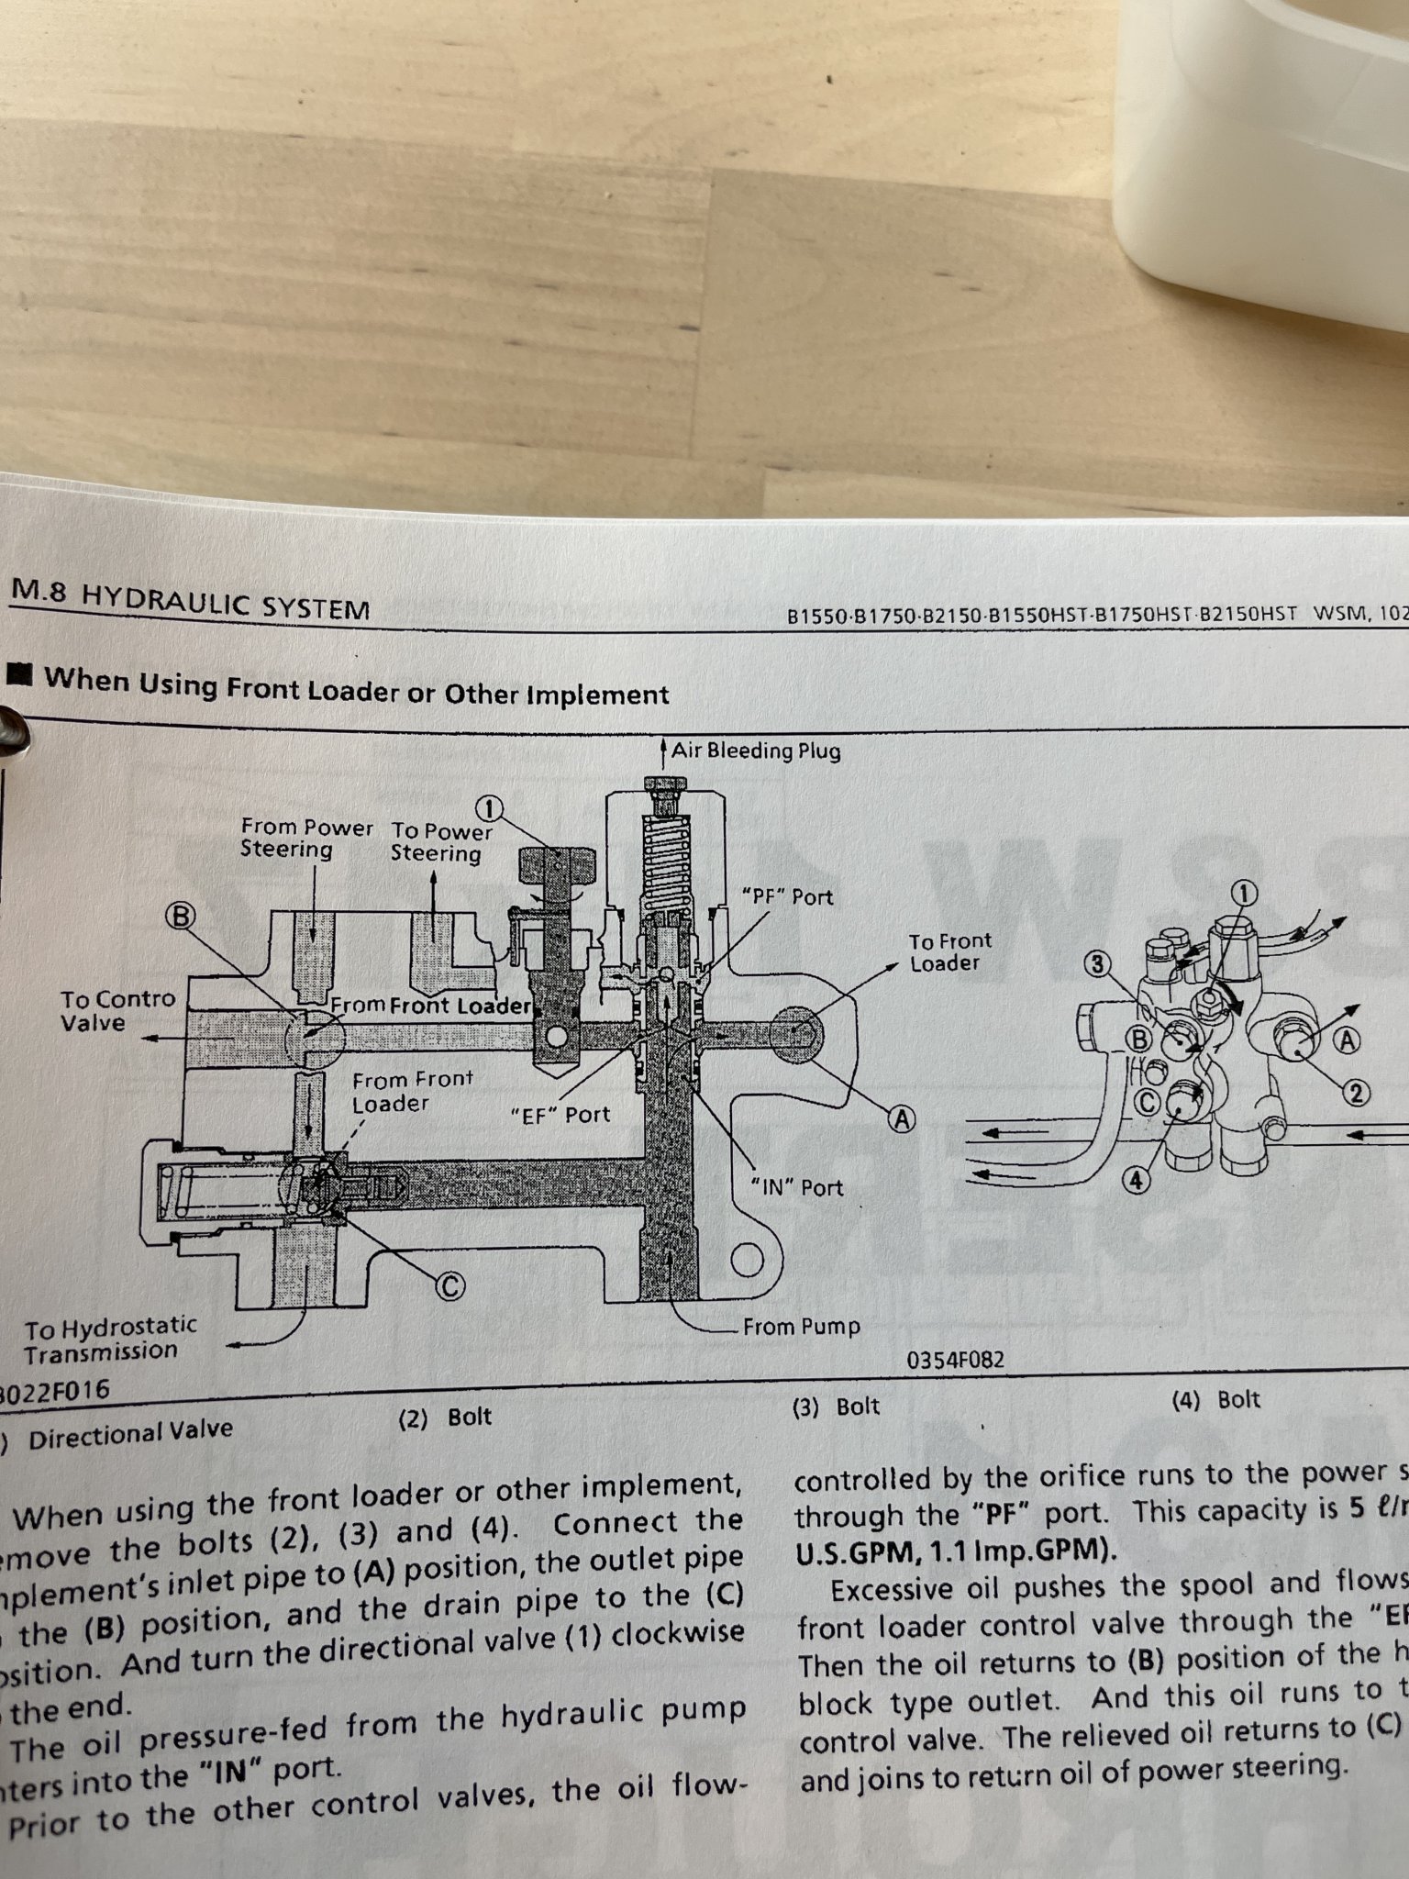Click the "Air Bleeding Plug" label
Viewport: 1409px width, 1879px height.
(x=755, y=751)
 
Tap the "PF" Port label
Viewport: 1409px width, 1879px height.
(x=787, y=896)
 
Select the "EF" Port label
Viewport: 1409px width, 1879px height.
(x=560, y=1115)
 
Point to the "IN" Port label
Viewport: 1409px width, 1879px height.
(x=796, y=1187)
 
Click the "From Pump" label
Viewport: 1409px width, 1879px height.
(x=801, y=1327)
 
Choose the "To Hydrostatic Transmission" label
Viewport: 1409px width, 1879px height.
(x=110, y=1339)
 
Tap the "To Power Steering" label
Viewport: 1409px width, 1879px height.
(x=440, y=842)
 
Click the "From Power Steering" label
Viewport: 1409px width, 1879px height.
(x=305, y=839)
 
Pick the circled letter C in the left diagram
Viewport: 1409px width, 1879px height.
(x=449, y=1287)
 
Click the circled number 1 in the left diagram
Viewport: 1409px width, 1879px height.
(x=491, y=808)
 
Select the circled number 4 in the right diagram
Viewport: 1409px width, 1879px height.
(x=1136, y=1181)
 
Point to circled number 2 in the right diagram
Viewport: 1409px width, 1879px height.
(x=1357, y=1093)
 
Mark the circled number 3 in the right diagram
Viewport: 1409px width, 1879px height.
(x=1097, y=964)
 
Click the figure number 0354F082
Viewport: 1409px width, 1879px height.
(x=955, y=1360)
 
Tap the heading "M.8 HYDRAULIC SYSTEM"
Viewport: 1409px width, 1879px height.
(x=190, y=601)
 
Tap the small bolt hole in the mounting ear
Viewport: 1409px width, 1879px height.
(x=749, y=1261)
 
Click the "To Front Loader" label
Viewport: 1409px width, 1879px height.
(x=950, y=952)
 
